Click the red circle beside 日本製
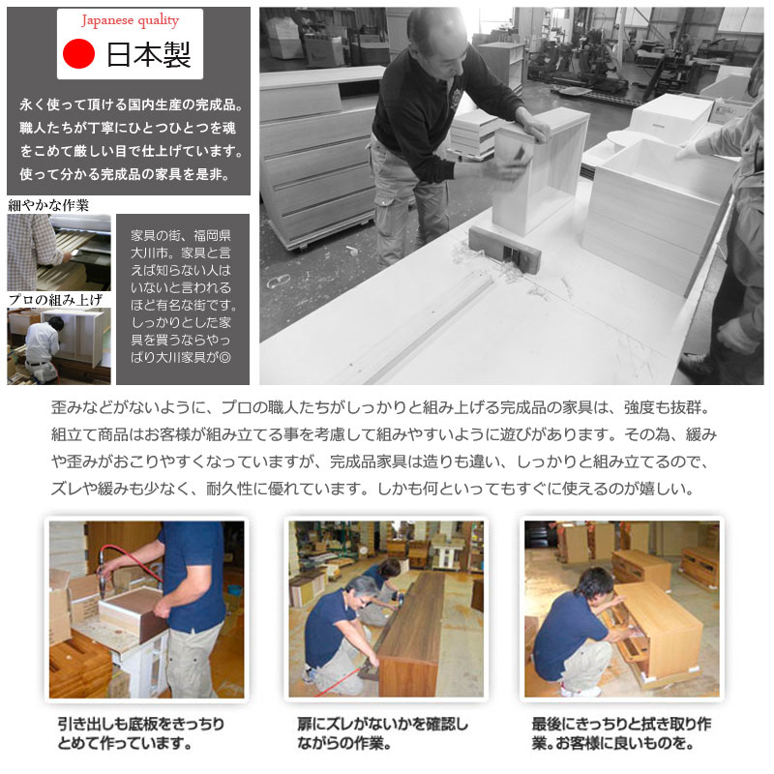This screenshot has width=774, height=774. point(79,53)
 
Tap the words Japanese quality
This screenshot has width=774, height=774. point(131,20)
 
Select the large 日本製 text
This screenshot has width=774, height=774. point(149,54)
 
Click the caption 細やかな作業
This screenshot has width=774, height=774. point(48,205)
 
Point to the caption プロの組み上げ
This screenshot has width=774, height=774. point(55,300)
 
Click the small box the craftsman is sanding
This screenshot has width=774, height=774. point(541,170)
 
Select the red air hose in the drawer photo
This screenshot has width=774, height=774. point(130,560)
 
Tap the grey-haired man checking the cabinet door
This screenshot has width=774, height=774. point(341,636)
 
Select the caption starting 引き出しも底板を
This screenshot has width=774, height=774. point(141,733)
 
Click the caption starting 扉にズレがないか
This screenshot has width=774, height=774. point(382,733)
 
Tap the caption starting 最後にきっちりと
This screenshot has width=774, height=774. point(621,733)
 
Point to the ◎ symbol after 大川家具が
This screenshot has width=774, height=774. point(224,357)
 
